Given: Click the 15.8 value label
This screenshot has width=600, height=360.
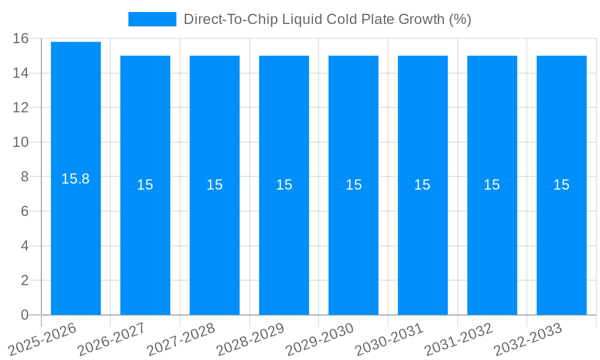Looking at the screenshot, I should click(76, 179).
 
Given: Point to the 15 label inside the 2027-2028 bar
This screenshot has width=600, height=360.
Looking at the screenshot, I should click(215, 185).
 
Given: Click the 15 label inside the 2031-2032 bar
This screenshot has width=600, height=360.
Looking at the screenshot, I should click(492, 185).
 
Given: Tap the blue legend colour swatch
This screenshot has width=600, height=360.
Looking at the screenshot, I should click(152, 19).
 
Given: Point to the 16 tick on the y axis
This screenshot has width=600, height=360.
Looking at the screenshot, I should click(20, 39).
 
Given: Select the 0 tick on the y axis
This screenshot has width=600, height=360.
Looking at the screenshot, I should click(25, 315).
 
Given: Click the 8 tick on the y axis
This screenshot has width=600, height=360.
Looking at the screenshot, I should click(25, 177).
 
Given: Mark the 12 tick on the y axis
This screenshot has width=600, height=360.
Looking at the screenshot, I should click(20, 108).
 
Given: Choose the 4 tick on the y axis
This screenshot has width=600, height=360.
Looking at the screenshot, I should click(25, 246).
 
